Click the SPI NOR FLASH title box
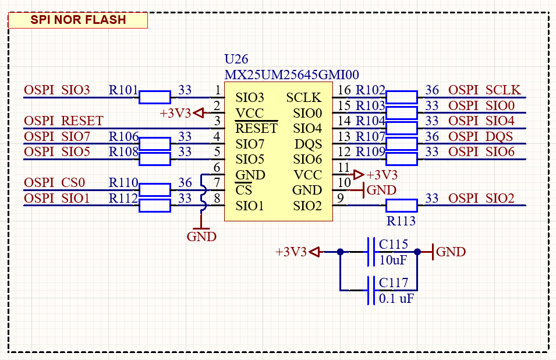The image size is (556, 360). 78,20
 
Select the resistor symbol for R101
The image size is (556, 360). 154,97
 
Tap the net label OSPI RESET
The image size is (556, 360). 63,121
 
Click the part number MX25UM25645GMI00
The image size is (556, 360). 292,75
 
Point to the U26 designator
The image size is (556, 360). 236,59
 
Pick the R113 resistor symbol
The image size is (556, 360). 401,205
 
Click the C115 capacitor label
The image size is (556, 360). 394,244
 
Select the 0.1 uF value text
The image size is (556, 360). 396,298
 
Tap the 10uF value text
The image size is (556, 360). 394,260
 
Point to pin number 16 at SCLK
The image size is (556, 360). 344,90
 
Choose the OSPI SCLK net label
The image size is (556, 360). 484,90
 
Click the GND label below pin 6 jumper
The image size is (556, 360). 201,237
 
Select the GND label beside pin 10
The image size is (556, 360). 381,190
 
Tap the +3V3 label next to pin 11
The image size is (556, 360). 383,175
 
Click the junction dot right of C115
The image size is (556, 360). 417,252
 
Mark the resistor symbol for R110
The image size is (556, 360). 154,189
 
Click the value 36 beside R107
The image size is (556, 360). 432,137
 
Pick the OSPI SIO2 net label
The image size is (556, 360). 481,199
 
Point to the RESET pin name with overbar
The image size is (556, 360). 257,129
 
